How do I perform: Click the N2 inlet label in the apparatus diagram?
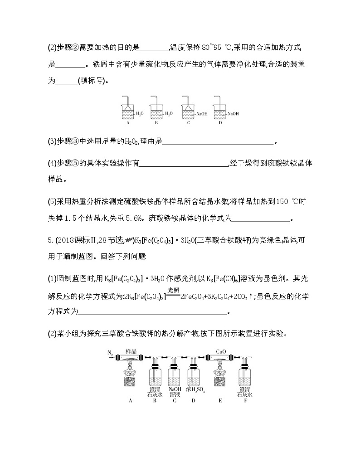coord(110,352)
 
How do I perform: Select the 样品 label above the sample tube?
coord(131,351)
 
